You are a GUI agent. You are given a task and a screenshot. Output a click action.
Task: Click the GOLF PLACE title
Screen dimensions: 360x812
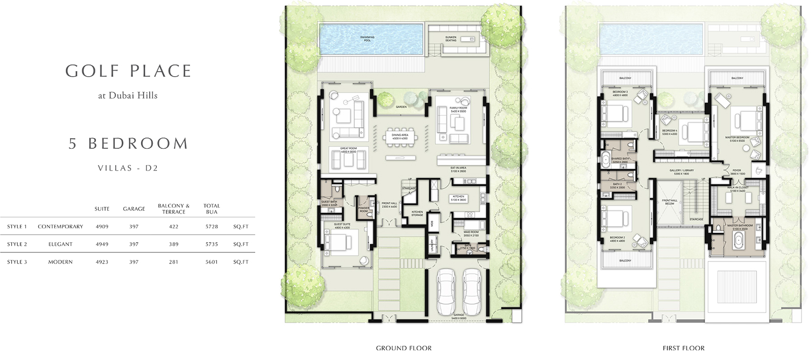[x=128, y=71]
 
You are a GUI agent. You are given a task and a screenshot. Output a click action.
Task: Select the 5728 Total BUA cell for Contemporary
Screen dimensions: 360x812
[x=212, y=226]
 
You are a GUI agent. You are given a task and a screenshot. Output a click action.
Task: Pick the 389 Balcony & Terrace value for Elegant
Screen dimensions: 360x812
[x=174, y=244]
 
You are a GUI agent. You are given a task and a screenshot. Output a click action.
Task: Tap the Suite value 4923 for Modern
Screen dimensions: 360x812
[x=102, y=262]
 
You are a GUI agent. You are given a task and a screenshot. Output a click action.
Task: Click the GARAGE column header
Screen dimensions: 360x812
[x=134, y=209]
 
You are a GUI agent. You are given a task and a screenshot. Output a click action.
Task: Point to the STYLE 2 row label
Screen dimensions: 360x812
[x=17, y=244]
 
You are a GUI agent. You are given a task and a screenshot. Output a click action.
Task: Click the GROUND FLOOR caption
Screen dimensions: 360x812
[x=403, y=348]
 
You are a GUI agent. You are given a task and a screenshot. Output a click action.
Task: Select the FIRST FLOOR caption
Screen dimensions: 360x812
[x=683, y=348]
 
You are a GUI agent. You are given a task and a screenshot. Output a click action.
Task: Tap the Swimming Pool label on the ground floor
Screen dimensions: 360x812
[x=367, y=39]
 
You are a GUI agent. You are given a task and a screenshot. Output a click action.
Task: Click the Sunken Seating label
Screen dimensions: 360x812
[x=451, y=39]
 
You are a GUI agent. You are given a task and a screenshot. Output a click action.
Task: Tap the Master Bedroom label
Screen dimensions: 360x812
[x=737, y=139]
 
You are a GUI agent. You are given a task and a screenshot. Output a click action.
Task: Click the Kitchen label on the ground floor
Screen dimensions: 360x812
[x=458, y=198]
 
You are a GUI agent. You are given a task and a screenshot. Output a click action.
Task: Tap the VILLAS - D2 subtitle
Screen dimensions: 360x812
[x=128, y=168]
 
